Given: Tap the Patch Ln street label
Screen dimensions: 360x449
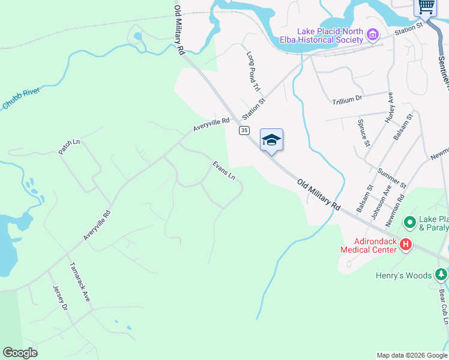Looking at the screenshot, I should (x=69, y=147).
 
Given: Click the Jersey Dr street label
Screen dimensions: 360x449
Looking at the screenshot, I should (x=61, y=297).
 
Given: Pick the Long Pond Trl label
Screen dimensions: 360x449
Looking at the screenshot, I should (x=254, y=71).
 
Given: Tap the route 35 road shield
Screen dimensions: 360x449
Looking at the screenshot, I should (x=244, y=130).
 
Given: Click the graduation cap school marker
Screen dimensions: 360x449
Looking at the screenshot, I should (x=271, y=140).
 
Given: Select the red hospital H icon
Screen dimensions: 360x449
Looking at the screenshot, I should (x=406, y=244).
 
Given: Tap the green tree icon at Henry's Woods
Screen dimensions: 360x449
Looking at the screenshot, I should (x=441, y=275).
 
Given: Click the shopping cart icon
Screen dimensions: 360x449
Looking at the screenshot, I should (x=426, y=7).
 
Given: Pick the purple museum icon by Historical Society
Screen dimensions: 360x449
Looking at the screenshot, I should (x=373, y=35).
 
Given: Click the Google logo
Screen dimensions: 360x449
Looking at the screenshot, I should (x=20, y=353).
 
